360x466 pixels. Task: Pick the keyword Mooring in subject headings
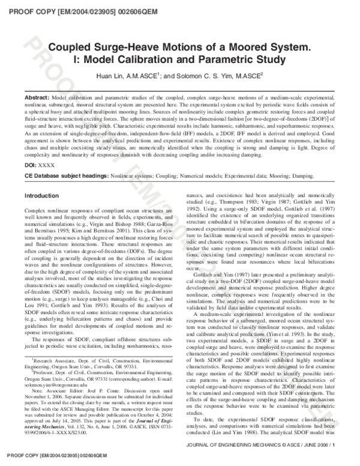(286, 176)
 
